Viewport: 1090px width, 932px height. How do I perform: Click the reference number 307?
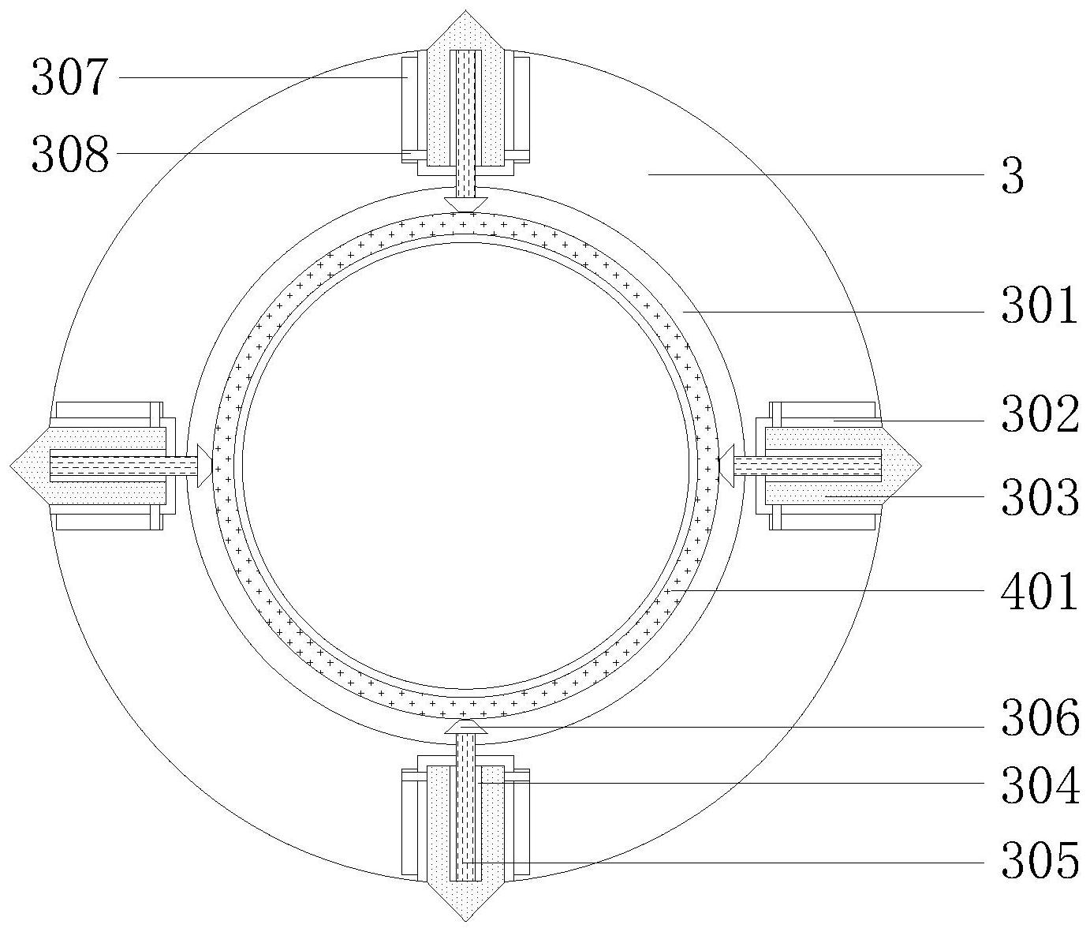coord(69,77)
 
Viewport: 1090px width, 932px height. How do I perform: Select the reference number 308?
coord(70,154)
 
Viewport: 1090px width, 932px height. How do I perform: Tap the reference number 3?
coord(1013,176)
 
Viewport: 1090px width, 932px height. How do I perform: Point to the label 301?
coord(1040,305)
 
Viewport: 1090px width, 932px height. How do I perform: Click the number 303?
coord(1040,496)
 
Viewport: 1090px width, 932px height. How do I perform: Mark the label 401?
coord(1040,591)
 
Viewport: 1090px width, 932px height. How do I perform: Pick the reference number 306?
coord(1040,717)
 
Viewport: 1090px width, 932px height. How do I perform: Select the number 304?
coord(1040,786)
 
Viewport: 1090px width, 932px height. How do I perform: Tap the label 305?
coord(1040,861)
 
